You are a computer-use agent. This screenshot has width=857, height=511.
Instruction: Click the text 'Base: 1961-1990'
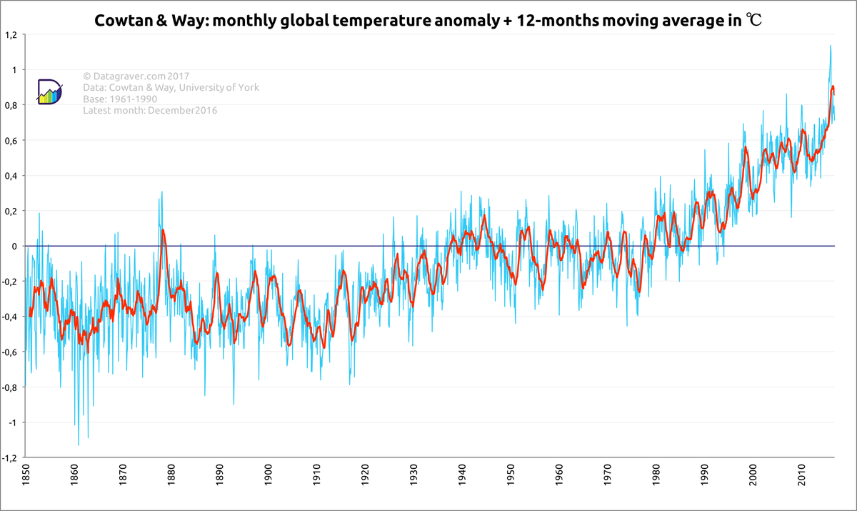point(119,99)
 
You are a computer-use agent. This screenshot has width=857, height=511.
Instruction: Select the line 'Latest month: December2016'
point(150,111)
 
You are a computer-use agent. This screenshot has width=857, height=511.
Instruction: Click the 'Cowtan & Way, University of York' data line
point(171,88)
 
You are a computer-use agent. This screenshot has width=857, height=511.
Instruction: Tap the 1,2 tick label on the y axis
point(11,35)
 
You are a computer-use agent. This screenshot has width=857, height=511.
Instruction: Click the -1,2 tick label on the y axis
point(11,458)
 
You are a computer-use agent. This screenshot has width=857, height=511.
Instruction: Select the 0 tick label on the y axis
point(15,247)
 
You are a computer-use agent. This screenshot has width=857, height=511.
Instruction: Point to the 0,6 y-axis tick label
point(11,141)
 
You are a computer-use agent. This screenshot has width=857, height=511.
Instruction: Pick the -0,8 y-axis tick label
point(11,387)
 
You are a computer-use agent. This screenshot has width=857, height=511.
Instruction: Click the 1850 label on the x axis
point(26,477)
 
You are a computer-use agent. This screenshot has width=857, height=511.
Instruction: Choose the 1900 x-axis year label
point(269,477)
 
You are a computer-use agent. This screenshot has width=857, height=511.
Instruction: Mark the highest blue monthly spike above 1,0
point(830,46)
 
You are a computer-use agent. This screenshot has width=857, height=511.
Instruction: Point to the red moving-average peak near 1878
point(163,230)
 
